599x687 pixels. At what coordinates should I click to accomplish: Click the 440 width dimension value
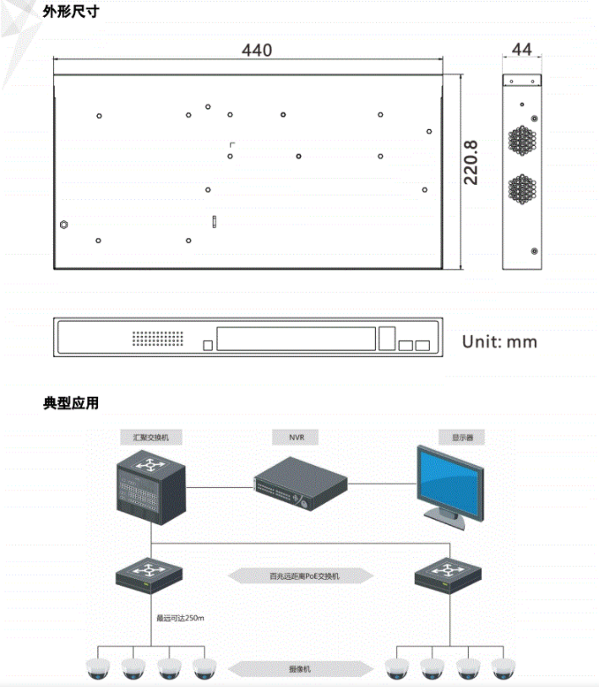click(x=257, y=50)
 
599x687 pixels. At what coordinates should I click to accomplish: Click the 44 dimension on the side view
click(x=522, y=50)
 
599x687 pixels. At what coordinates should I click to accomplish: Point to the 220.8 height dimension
click(x=471, y=162)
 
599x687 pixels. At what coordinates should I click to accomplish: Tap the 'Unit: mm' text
click(x=499, y=342)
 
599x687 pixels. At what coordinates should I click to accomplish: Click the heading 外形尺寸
click(x=71, y=13)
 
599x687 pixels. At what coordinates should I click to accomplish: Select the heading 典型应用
click(x=71, y=403)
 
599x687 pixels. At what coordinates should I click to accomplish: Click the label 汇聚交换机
click(x=150, y=439)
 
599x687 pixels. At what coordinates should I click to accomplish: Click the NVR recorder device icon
click(x=301, y=484)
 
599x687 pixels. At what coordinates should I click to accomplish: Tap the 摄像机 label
click(x=301, y=668)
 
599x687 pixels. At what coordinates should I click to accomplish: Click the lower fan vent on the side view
click(x=521, y=189)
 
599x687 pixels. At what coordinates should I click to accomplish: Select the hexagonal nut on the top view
click(x=63, y=225)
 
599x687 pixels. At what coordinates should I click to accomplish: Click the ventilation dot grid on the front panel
click(x=158, y=338)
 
